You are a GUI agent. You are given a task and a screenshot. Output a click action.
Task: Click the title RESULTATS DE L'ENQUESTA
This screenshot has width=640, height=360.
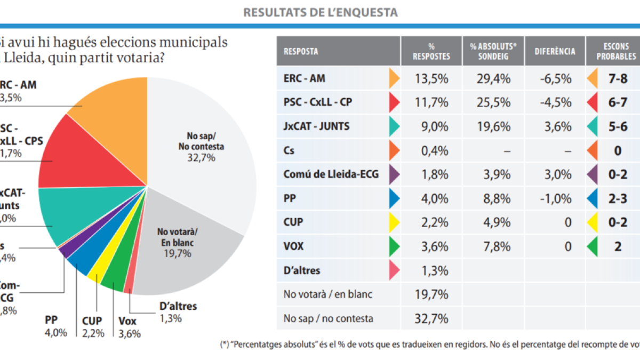tap(320, 12)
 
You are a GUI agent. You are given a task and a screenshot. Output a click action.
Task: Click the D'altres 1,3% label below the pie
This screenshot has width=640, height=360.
tap(178, 312)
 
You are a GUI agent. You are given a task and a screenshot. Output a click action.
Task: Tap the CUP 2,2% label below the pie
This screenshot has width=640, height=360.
tap(93, 327)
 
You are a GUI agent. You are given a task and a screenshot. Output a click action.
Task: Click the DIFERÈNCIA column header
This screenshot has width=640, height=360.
tap(555, 52)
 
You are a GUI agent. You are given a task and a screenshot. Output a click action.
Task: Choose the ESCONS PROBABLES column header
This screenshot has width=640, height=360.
tap(615, 52)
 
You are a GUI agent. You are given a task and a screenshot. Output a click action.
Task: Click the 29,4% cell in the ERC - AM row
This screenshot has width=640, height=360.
tap(494, 79)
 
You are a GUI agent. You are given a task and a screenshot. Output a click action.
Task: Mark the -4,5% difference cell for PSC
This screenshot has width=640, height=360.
tap(555, 103)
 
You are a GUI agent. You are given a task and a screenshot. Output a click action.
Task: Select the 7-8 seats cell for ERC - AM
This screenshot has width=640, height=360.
tap(617, 79)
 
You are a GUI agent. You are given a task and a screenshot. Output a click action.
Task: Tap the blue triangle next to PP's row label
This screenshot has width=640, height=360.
tap(394, 198)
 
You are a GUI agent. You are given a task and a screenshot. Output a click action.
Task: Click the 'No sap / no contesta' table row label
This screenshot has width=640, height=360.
tap(327, 318)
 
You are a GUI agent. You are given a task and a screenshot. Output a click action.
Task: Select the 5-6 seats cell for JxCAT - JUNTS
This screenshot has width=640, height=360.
tap(617, 127)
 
